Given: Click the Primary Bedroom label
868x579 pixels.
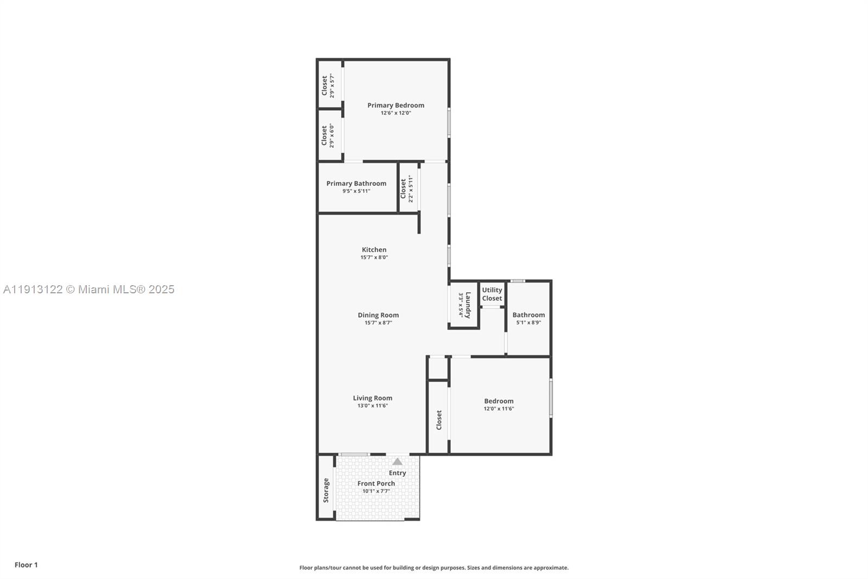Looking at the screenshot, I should [x=395, y=105].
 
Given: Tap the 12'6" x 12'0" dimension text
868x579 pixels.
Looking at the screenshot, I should [x=395, y=113].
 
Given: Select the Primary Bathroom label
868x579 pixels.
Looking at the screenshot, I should [x=356, y=184].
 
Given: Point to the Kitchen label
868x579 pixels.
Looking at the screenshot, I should [x=374, y=250].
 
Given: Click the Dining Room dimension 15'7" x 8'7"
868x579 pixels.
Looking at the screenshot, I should [x=378, y=323].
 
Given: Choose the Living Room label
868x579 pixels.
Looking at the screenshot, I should [x=373, y=398].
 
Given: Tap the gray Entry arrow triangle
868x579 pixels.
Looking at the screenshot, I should [x=398, y=462].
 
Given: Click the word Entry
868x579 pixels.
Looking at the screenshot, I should [x=398, y=473].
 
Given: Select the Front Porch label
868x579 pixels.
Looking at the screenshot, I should [x=376, y=483].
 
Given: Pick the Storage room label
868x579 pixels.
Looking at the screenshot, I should [x=326, y=490].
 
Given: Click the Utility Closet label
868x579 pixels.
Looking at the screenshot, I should [x=492, y=294].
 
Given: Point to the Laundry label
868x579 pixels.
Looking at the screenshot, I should [x=468, y=305].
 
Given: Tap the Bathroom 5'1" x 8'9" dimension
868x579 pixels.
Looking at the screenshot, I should [x=528, y=323].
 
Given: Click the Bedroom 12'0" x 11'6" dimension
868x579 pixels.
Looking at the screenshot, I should [x=499, y=408].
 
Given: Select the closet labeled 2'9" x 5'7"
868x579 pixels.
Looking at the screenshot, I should [x=328, y=85].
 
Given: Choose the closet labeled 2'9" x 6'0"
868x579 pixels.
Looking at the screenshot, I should [x=328, y=136].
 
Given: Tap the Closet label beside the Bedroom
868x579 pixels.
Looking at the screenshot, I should [x=439, y=420].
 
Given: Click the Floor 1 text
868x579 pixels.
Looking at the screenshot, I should [x=26, y=565].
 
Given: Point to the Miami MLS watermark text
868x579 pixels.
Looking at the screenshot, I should [x=88, y=289].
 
